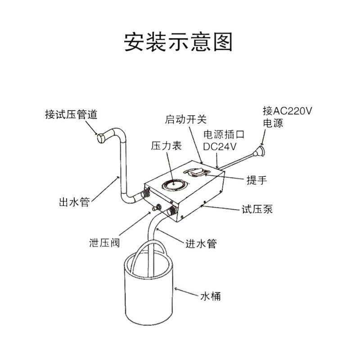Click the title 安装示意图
179,42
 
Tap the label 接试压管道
71,114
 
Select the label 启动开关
186,119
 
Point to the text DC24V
220,146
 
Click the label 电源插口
224,134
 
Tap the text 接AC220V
287,111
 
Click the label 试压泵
257,209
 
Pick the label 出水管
74,202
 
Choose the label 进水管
201,244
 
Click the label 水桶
210,297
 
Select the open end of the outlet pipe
102,137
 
